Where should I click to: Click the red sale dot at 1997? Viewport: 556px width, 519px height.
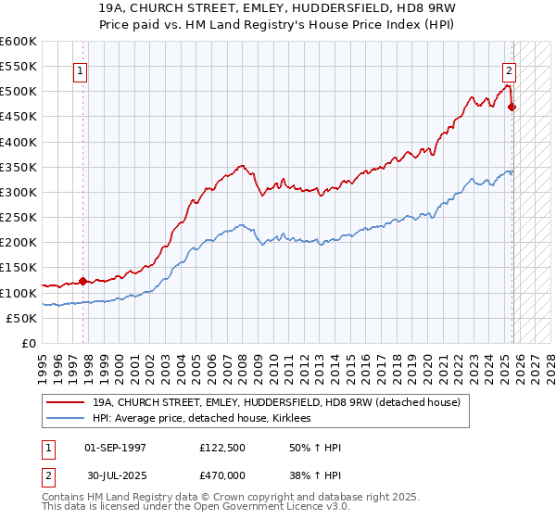82,281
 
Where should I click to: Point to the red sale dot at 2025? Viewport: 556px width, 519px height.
512,108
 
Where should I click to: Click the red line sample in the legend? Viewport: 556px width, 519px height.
64,402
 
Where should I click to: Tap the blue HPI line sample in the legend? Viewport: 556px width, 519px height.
64,419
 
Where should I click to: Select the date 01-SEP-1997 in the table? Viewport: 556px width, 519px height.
115,448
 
